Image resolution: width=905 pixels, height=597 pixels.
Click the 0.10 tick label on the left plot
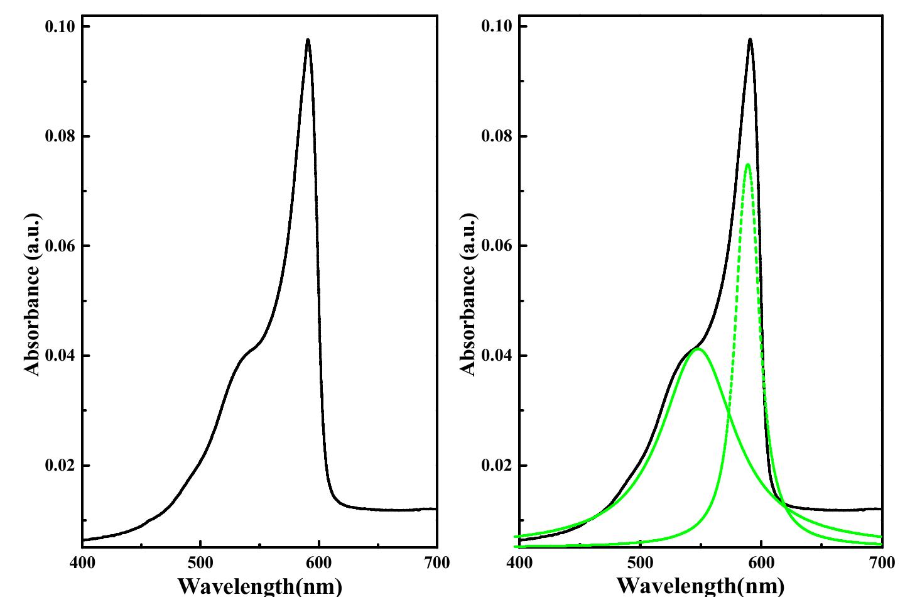[x=60, y=26]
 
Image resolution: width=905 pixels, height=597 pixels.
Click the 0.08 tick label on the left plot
[x=60, y=136]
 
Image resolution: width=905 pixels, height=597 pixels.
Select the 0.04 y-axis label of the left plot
[x=60, y=356]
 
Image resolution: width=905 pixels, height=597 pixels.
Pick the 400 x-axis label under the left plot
[x=82, y=562]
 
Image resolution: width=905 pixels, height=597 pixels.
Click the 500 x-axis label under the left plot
[x=200, y=562]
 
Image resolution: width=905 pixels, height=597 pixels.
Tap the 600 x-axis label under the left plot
[x=319, y=562]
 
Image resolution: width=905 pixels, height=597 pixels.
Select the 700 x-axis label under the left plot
[x=437, y=562]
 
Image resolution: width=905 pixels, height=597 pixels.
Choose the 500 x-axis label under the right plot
[x=640, y=562]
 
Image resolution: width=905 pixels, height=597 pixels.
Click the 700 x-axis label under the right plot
[x=882, y=562]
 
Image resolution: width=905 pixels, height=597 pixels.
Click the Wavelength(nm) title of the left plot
[x=260, y=586]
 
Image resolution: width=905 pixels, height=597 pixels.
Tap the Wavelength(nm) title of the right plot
[x=700, y=586]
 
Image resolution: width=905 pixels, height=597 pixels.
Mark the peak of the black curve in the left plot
[x=308, y=40]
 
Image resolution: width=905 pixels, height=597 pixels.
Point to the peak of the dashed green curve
[x=747, y=165]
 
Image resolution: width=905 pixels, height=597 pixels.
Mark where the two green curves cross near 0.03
[x=729, y=412]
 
